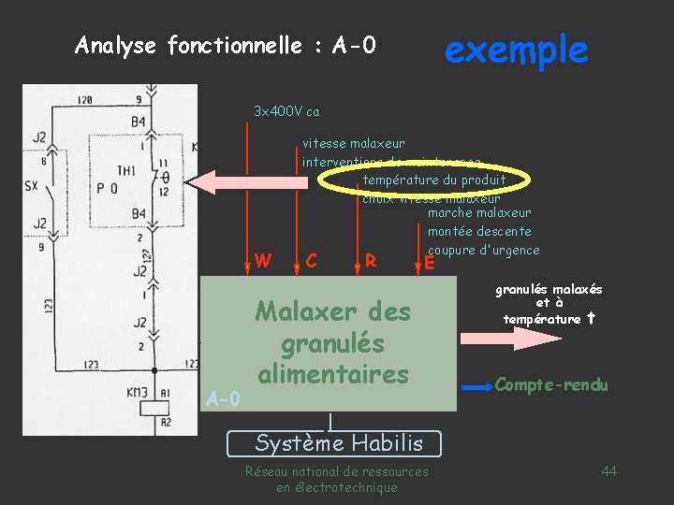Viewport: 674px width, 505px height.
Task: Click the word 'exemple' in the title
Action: pos(516,49)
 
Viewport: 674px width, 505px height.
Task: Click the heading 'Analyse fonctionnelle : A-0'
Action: pos(225,45)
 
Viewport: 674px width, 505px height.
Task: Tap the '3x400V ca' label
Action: pos(286,112)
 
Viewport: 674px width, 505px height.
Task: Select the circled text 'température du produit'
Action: pos(434,180)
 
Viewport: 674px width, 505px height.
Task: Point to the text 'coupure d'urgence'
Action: pos(483,250)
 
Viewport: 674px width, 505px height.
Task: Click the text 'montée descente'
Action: pos(479,231)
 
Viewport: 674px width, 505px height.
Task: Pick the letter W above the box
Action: pos(263,260)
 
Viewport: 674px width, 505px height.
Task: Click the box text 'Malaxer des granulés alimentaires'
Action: pos(332,342)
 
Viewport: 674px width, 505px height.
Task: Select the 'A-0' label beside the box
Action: pos(223,399)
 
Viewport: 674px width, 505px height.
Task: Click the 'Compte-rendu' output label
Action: pos(551,384)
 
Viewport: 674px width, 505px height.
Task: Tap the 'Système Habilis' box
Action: pos(339,442)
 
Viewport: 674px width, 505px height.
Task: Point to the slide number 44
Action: pos(608,470)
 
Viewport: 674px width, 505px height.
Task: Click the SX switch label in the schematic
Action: pos(30,185)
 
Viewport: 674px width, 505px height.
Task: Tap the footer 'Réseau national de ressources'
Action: pos(336,471)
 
